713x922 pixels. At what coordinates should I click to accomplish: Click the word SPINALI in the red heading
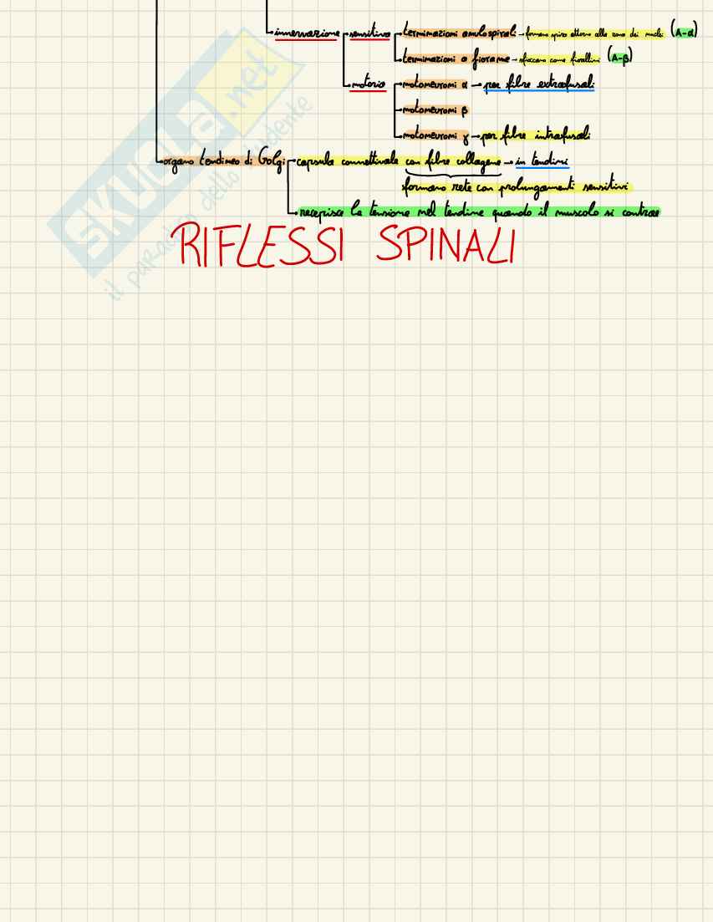(x=445, y=246)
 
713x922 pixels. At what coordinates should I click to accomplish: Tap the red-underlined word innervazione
(x=307, y=33)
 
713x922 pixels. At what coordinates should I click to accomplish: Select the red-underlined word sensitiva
(x=369, y=33)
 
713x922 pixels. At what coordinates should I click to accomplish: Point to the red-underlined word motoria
(x=369, y=84)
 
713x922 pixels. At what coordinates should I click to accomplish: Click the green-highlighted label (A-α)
(x=685, y=32)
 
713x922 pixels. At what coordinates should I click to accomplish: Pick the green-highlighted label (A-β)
(x=619, y=58)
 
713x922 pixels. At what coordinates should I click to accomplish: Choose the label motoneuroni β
(x=435, y=110)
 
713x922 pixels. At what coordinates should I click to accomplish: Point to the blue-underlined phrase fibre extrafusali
(x=550, y=84)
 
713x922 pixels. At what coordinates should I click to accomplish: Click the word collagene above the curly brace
(x=474, y=160)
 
